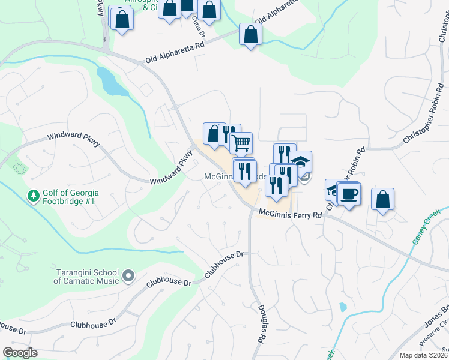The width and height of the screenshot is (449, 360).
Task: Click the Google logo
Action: (x=20, y=353)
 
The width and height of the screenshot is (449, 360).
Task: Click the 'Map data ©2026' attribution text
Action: (x=423, y=355)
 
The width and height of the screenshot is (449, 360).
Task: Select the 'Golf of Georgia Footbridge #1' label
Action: (x=70, y=196)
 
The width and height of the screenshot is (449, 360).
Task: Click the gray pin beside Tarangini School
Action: (x=127, y=276)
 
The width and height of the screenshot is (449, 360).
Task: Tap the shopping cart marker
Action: (x=241, y=143)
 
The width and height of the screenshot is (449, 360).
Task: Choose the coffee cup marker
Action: (x=349, y=193)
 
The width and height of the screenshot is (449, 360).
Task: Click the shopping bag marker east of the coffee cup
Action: (x=382, y=199)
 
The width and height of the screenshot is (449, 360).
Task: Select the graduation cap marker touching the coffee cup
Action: (x=334, y=189)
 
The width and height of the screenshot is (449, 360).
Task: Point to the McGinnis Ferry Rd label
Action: (x=291, y=213)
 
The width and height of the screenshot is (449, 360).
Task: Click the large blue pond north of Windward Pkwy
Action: (x=110, y=82)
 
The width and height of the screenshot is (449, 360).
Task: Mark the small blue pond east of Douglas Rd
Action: (x=343, y=307)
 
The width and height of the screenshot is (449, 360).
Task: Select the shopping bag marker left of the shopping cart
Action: (x=214, y=133)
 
